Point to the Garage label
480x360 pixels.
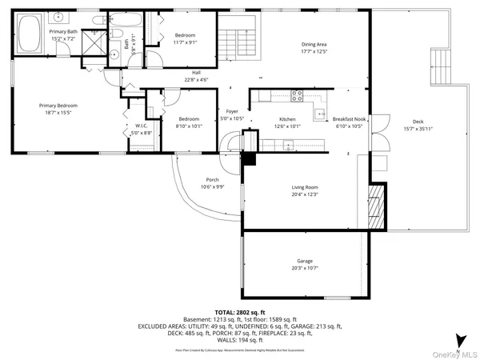pyautogui.click(x=305, y=261)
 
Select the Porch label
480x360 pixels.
pyautogui.click(x=212, y=179)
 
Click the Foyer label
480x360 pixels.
pyautogui.click(x=232, y=111)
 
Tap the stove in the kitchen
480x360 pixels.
pyautogui.click(x=298, y=95)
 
